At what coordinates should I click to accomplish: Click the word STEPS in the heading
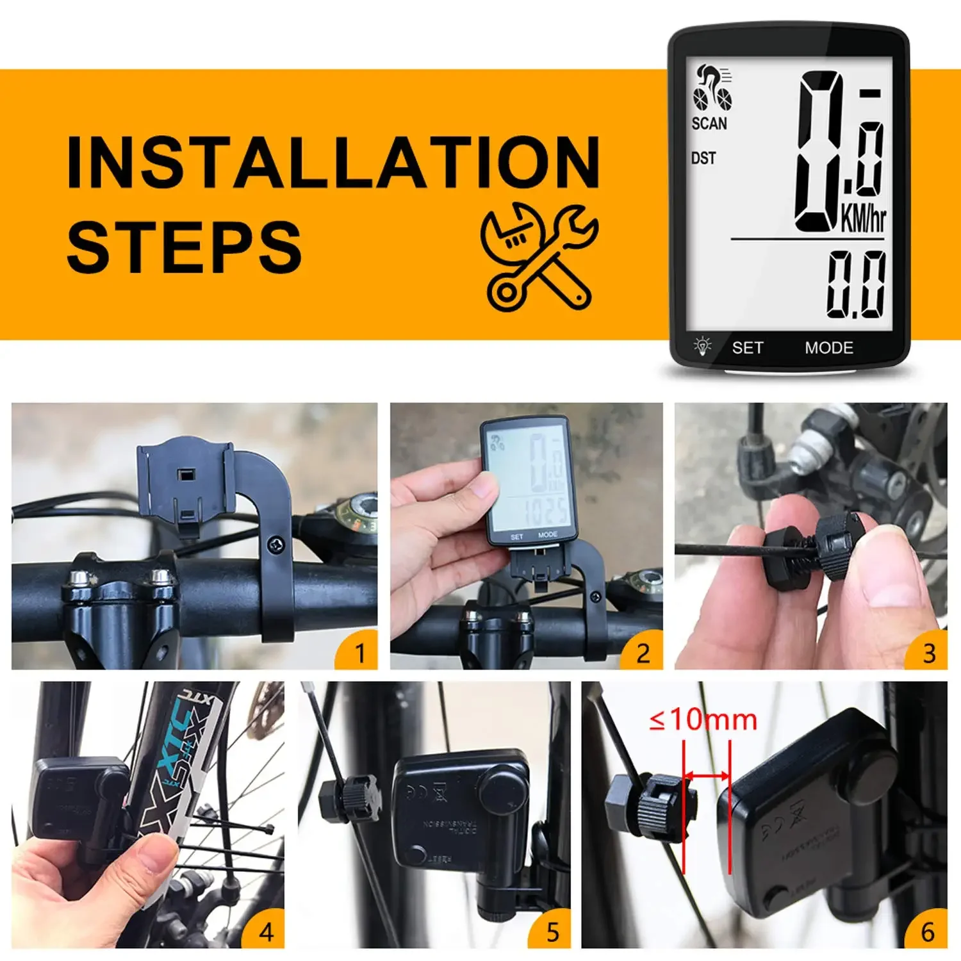point(184,247)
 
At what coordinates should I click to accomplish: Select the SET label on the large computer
point(748,348)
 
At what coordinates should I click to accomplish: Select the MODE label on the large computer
point(829,348)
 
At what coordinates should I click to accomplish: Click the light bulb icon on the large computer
point(703,346)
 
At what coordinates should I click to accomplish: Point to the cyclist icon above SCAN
point(712,88)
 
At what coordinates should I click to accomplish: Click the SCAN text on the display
point(709,123)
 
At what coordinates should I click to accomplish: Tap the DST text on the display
point(703,158)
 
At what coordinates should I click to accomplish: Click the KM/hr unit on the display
point(863,218)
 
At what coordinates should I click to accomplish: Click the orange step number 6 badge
point(928,932)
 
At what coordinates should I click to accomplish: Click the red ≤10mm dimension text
point(703,719)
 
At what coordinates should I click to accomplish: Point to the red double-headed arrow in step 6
point(707,776)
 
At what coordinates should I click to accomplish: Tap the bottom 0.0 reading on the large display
point(856,284)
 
